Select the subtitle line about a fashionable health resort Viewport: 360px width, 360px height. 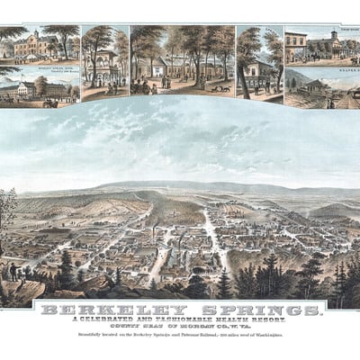pos(180,320)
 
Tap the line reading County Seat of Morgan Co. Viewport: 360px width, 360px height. pos(180,327)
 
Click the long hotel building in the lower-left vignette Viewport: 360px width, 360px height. pos(40,89)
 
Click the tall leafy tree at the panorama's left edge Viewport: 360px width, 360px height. pos(6,211)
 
